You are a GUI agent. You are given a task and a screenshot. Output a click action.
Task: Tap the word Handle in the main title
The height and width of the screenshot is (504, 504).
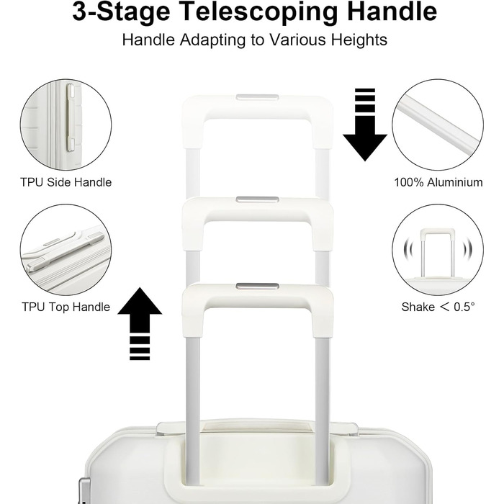[x=392, y=11]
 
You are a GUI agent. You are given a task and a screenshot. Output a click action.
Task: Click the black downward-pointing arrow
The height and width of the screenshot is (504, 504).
[x=365, y=125]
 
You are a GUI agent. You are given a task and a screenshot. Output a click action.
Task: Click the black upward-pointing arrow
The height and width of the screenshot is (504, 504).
[x=140, y=323]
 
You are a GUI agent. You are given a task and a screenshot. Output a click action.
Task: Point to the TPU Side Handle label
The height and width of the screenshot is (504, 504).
[x=66, y=182]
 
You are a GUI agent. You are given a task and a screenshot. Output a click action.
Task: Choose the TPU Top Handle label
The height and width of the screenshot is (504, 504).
[x=66, y=307]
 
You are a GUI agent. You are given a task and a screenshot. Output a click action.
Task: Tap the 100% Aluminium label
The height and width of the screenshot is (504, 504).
[x=438, y=182]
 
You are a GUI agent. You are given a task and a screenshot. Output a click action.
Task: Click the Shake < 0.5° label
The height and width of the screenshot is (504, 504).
[x=438, y=307]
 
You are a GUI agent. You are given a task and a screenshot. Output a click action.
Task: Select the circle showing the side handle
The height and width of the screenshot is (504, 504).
[x=66, y=125]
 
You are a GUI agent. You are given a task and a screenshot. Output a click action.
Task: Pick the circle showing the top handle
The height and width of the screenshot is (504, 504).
[x=66, y=250]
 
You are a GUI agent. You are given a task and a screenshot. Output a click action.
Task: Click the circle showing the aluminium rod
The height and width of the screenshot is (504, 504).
[x=438, y=125]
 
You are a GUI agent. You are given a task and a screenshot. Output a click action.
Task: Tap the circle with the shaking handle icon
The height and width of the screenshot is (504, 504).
[x=438, y=250]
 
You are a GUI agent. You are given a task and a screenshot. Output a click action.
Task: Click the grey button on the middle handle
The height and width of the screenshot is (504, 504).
[x=257, y=200]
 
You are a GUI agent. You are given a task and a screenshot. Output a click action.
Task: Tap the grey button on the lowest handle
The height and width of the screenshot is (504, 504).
[x=257, y=287]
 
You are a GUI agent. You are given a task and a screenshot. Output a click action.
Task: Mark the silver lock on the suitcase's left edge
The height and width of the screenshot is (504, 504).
[x=84, y=491]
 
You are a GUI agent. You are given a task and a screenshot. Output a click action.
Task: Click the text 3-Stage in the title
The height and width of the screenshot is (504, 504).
[x=121, y=12]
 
